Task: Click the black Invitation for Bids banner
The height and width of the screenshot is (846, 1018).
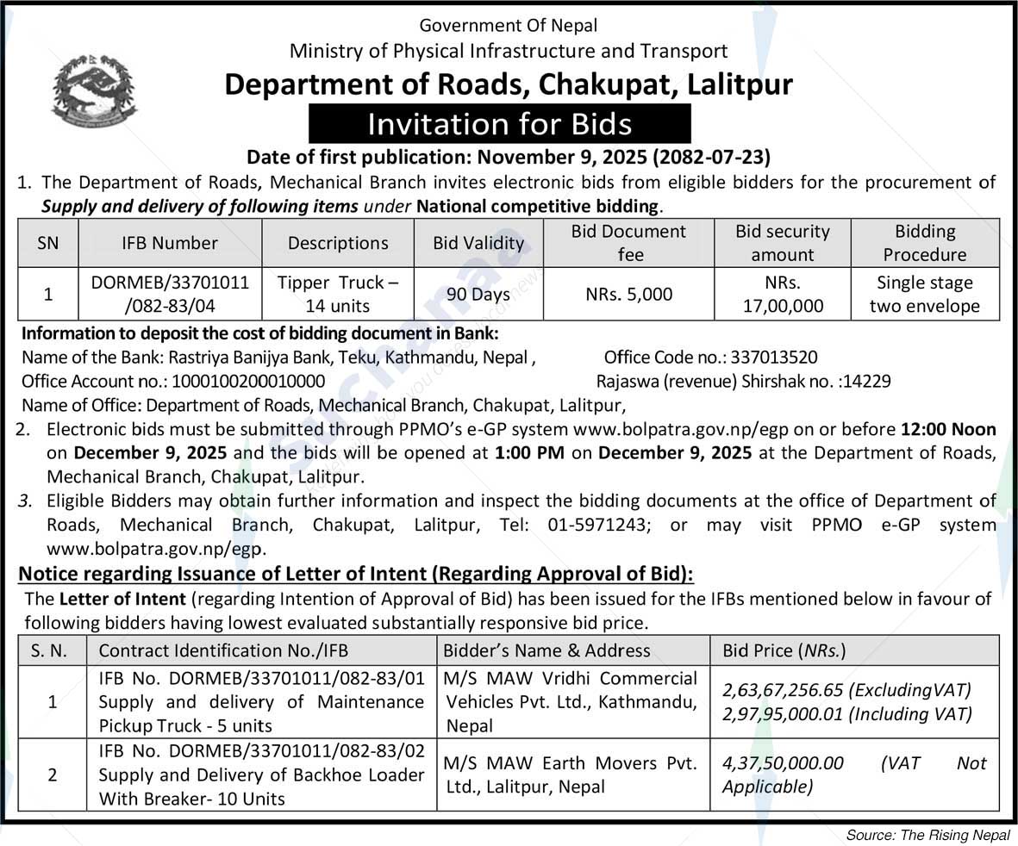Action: pyautogui.click(x=499, y=124)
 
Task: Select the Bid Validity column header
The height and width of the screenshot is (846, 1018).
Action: pyautogui.click(x=478, y=243)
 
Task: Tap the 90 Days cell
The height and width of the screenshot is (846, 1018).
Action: pyautogui.click(x=478, y=294)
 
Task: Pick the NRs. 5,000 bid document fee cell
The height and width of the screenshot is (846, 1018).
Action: pyautogui.click(x=628, y=294)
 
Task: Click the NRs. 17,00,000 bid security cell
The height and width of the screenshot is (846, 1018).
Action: pyautogui.click(x=782, y=294)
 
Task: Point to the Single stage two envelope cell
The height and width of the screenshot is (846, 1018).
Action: pyautogui.click(x=924, y=294)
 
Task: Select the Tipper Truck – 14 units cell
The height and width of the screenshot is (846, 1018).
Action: pyautogui.click(x=338, y=294)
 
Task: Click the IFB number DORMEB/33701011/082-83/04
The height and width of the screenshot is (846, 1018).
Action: pyautogui.click(x=169, y=294)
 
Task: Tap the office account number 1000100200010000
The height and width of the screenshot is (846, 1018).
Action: pyautogui.click(x=248, y=381)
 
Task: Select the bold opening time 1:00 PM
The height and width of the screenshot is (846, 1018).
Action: pyautogui.click(x=529, y=452)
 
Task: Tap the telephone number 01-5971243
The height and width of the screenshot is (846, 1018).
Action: pyautogui.click(x=588, y=525)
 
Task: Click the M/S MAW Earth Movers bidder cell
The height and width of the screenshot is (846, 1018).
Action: pyautogui.click(x=571, y=774)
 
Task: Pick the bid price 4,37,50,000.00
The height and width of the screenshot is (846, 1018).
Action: pyautogui.click(x=783, y=763)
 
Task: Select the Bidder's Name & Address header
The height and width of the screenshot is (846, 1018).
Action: pyautogui.click(x=546, y=650)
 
